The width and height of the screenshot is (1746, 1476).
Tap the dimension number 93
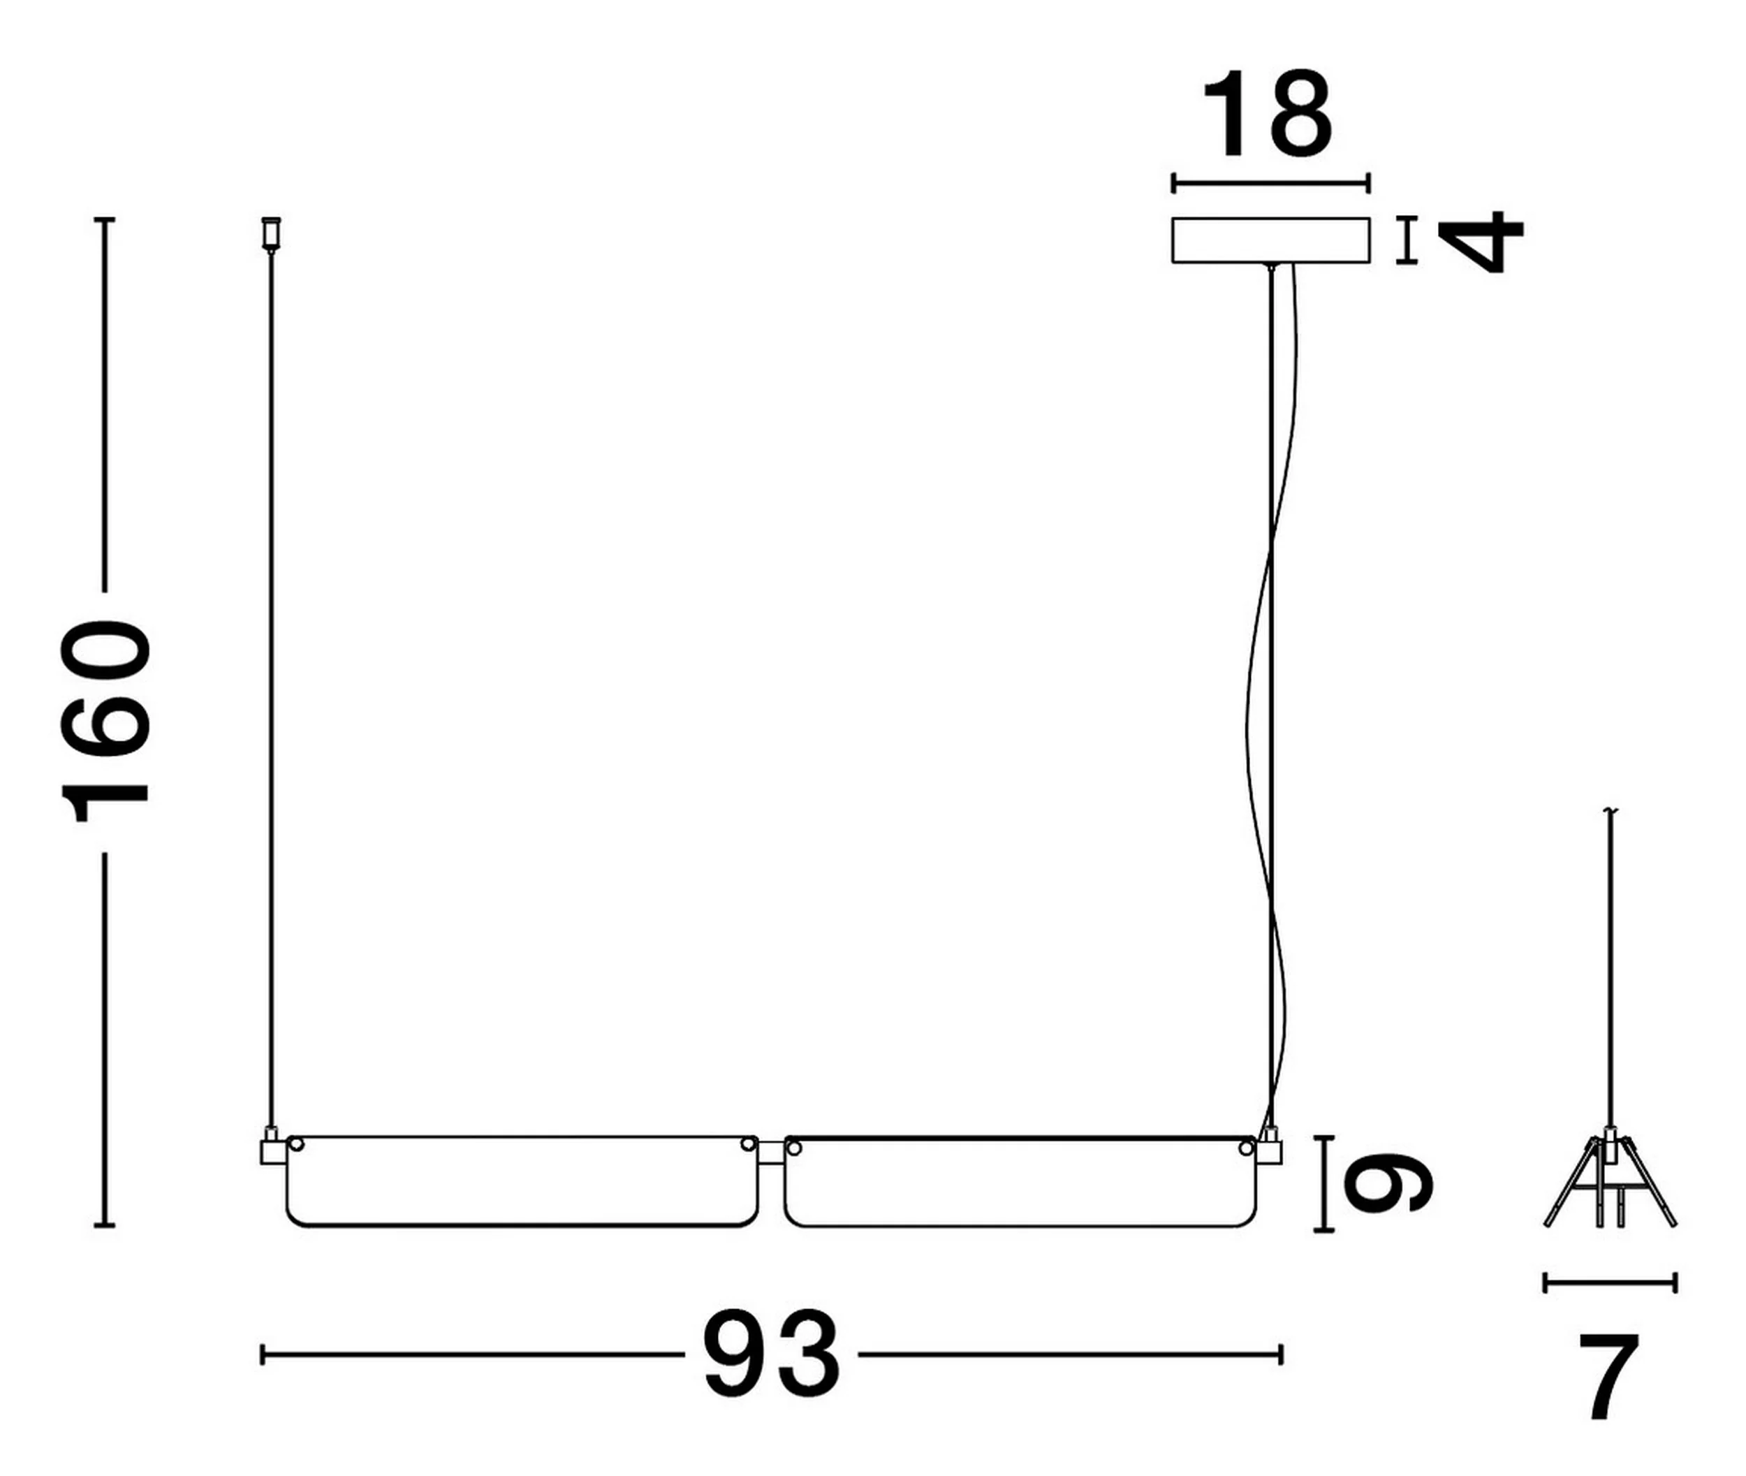770,1354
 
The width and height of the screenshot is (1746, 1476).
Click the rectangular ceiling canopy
1271,240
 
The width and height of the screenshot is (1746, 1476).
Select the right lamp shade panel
1020,1181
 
